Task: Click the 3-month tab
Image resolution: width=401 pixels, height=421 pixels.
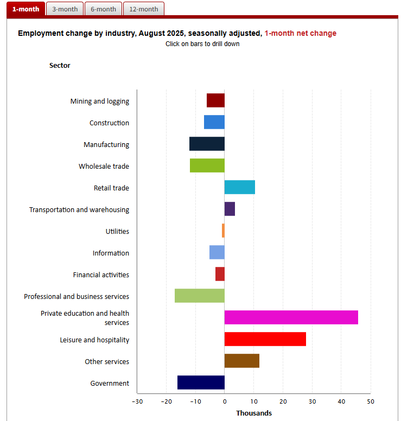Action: tap(65, 9)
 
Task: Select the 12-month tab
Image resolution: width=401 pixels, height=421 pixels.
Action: tap(143, 9)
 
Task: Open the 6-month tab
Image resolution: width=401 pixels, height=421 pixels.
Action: tap(103, 9)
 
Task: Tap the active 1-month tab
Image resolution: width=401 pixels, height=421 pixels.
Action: tap(26, 9)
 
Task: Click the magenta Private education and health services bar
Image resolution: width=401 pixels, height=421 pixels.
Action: tap(291, 317)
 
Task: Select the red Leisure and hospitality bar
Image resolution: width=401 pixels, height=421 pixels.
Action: tap(265, 339)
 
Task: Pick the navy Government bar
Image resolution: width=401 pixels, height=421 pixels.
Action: tap(201, 382)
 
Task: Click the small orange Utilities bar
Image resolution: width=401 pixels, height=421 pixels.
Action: tap(223, 231)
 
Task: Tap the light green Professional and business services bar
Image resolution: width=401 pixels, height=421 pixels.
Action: tap(199, 296)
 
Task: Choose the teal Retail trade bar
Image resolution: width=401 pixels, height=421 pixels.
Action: tap(239, 187)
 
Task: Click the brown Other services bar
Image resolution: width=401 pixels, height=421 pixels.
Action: tap(241, 361)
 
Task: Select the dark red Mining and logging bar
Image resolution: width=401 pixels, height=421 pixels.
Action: tap(215, 100)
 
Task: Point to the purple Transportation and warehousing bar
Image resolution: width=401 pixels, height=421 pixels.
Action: tap(230, 209)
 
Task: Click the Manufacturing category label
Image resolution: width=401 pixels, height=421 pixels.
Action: tap(106, 145)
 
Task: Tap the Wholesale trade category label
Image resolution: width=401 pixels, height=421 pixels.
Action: tap(104, 167)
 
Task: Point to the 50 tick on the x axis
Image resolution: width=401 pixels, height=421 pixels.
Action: tap(370, 401)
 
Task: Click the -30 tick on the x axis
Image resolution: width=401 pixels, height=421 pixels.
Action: tap(137, 401)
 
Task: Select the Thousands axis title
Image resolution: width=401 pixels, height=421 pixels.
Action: tap(253, 413)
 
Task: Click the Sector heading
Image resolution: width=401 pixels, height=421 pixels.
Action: tap(60, 66)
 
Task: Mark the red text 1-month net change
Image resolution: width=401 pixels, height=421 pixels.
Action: tap(300, 34)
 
